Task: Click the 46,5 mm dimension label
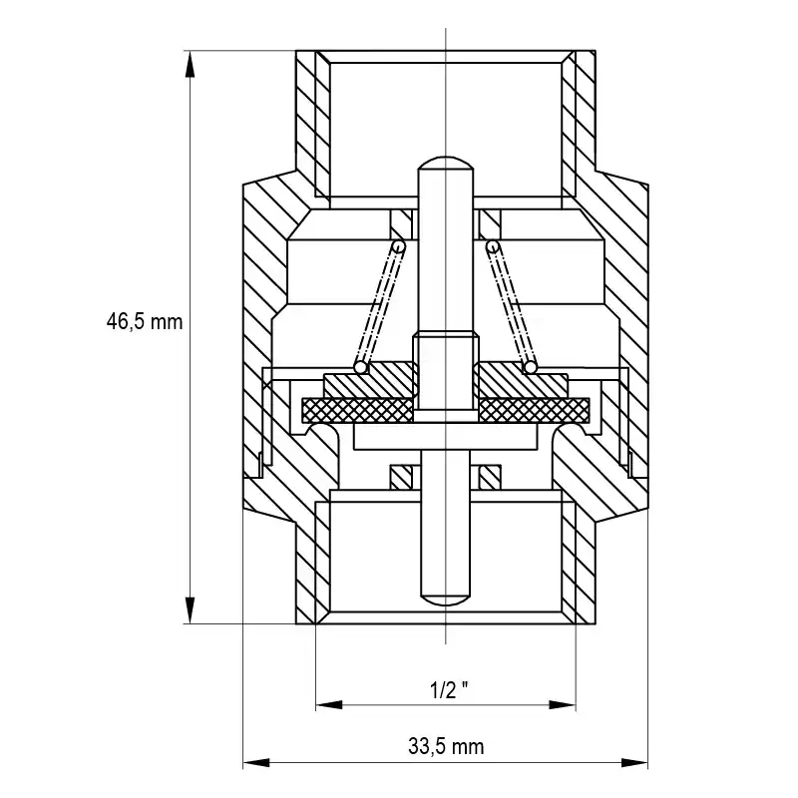[144, 322]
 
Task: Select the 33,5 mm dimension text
[446, 746]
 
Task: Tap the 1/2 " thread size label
[449, 690]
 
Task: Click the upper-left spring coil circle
[399, 246]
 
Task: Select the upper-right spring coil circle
[492, 246]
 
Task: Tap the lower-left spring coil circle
[360, 367]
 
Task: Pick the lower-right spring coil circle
[531, 367]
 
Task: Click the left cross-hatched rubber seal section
[357, 410]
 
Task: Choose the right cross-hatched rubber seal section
[534, 410]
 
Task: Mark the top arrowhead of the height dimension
[190, 64]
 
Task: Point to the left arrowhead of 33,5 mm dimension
[256, 762]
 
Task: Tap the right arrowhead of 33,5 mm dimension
[634, 762]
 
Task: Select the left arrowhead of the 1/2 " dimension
[329, 705]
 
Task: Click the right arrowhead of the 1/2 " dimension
[563, 705]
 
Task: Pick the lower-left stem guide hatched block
[401, 478]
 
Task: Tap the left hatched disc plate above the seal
[370, 381]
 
